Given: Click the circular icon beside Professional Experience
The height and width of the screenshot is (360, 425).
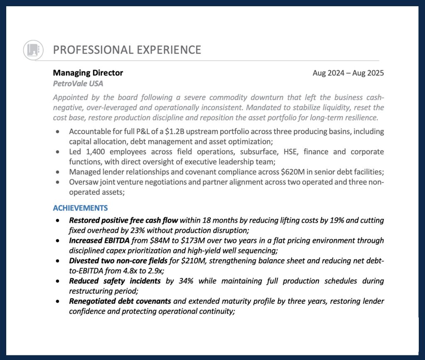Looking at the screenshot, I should click(x=33, y=50).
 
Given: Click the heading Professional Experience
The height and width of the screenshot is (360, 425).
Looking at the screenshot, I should click(x=127, y=50).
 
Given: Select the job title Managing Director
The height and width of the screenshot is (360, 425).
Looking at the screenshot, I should click(x=88, y=73).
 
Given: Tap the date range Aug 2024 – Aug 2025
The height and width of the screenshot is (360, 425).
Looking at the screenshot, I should click(x=348, y=73).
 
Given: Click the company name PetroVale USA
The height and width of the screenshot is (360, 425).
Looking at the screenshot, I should click(x=78, y=83).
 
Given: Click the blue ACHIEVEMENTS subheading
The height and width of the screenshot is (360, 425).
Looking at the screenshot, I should click(x=80, y=208).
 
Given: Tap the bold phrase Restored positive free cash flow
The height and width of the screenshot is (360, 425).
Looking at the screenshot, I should click(x=124, y=220).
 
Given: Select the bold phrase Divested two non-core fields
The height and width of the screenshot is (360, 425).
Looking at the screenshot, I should click(x=118, y=261).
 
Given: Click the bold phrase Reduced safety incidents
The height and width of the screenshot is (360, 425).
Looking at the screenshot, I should click(x=115, y=281).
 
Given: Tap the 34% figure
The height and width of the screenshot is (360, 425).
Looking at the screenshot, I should click(x=184, y=281).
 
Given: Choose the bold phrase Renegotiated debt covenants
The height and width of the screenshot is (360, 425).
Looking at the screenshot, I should click(x=120, y=301).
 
